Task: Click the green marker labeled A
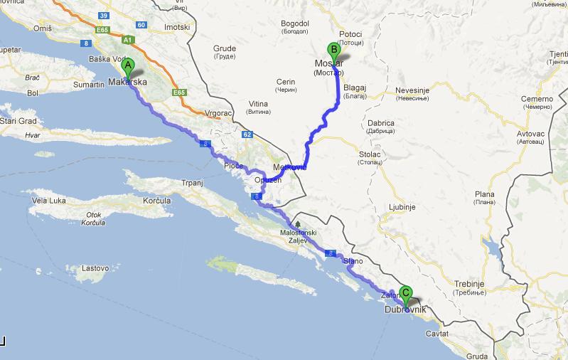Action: (128, 68)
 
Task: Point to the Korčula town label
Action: (155, 201)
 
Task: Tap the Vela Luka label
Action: (50, 201)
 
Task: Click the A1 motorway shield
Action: (129, 41)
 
